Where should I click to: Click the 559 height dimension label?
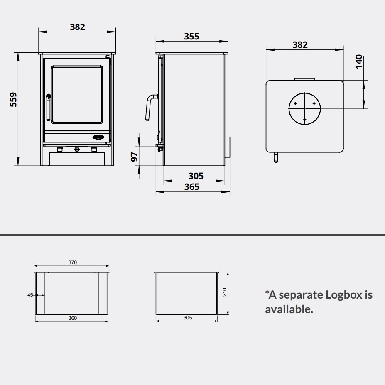[13, 99]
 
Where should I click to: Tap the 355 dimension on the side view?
[191, 36]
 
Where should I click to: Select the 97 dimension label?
[134, 157]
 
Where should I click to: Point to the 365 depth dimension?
[192, 187]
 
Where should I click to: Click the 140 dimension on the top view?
[359, 61]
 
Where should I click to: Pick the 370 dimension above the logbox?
[72, 262]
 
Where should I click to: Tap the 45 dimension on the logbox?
[30, 295]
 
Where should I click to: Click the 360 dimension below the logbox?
[72, 318]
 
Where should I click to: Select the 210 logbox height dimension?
[224, 292]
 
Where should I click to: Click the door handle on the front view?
[48, 107]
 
